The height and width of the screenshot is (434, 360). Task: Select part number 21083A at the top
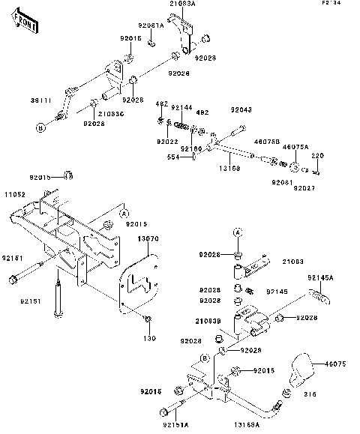pyautogui.click(x=182, y=4)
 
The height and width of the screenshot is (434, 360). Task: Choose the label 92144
pyautogui.click(x=181, y=108)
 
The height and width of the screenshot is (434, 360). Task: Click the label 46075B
pyautogui.click(x=267, y=140)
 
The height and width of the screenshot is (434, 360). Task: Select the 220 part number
pyautogui.click(x=316, y=155)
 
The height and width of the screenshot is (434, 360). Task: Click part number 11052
pyautogui.click(x=16, y=194)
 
